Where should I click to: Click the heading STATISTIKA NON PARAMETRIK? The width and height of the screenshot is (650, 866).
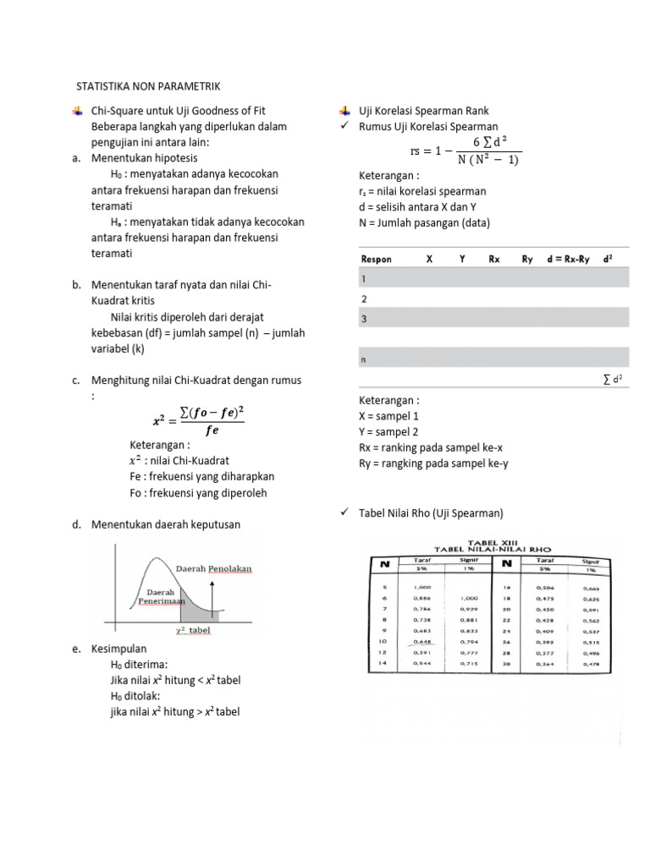(148, 86)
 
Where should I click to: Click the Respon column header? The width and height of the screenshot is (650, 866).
(376, 259)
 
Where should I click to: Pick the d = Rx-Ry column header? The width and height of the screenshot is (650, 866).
(570, 259)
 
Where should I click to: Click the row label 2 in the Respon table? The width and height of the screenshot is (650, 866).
(364, 299)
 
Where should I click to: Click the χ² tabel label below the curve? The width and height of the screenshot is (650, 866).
(192, 630)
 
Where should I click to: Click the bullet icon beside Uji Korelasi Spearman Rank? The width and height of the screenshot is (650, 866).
(344, 111)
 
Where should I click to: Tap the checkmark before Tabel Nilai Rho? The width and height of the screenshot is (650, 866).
(344, 512)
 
